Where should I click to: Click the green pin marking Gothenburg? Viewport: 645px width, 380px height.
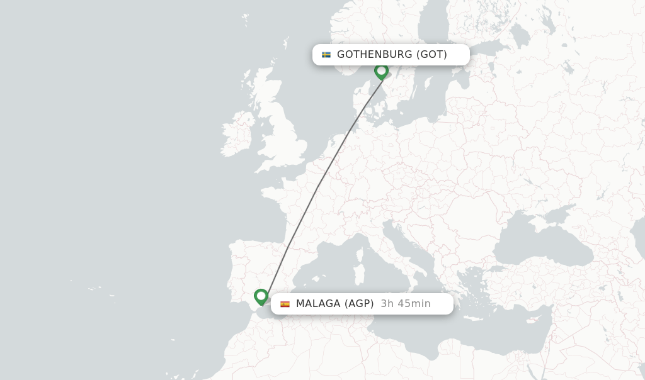tap(381, 70)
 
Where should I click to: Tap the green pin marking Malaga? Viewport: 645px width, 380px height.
tap(261, 296)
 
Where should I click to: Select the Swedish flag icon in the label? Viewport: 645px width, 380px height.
tap(326, 55)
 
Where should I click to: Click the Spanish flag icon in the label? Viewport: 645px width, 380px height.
tap(285, 304)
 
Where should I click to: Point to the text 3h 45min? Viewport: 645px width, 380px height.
tap(406, 304)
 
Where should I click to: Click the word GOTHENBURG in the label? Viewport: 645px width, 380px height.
tap(375, 55)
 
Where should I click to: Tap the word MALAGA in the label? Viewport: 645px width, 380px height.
tap(318, 304)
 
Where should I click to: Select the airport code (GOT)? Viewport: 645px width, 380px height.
tap(431, 55)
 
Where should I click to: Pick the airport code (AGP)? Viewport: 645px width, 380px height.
tap(358, 304)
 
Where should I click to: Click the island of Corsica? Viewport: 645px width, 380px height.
tap(362, 253)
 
